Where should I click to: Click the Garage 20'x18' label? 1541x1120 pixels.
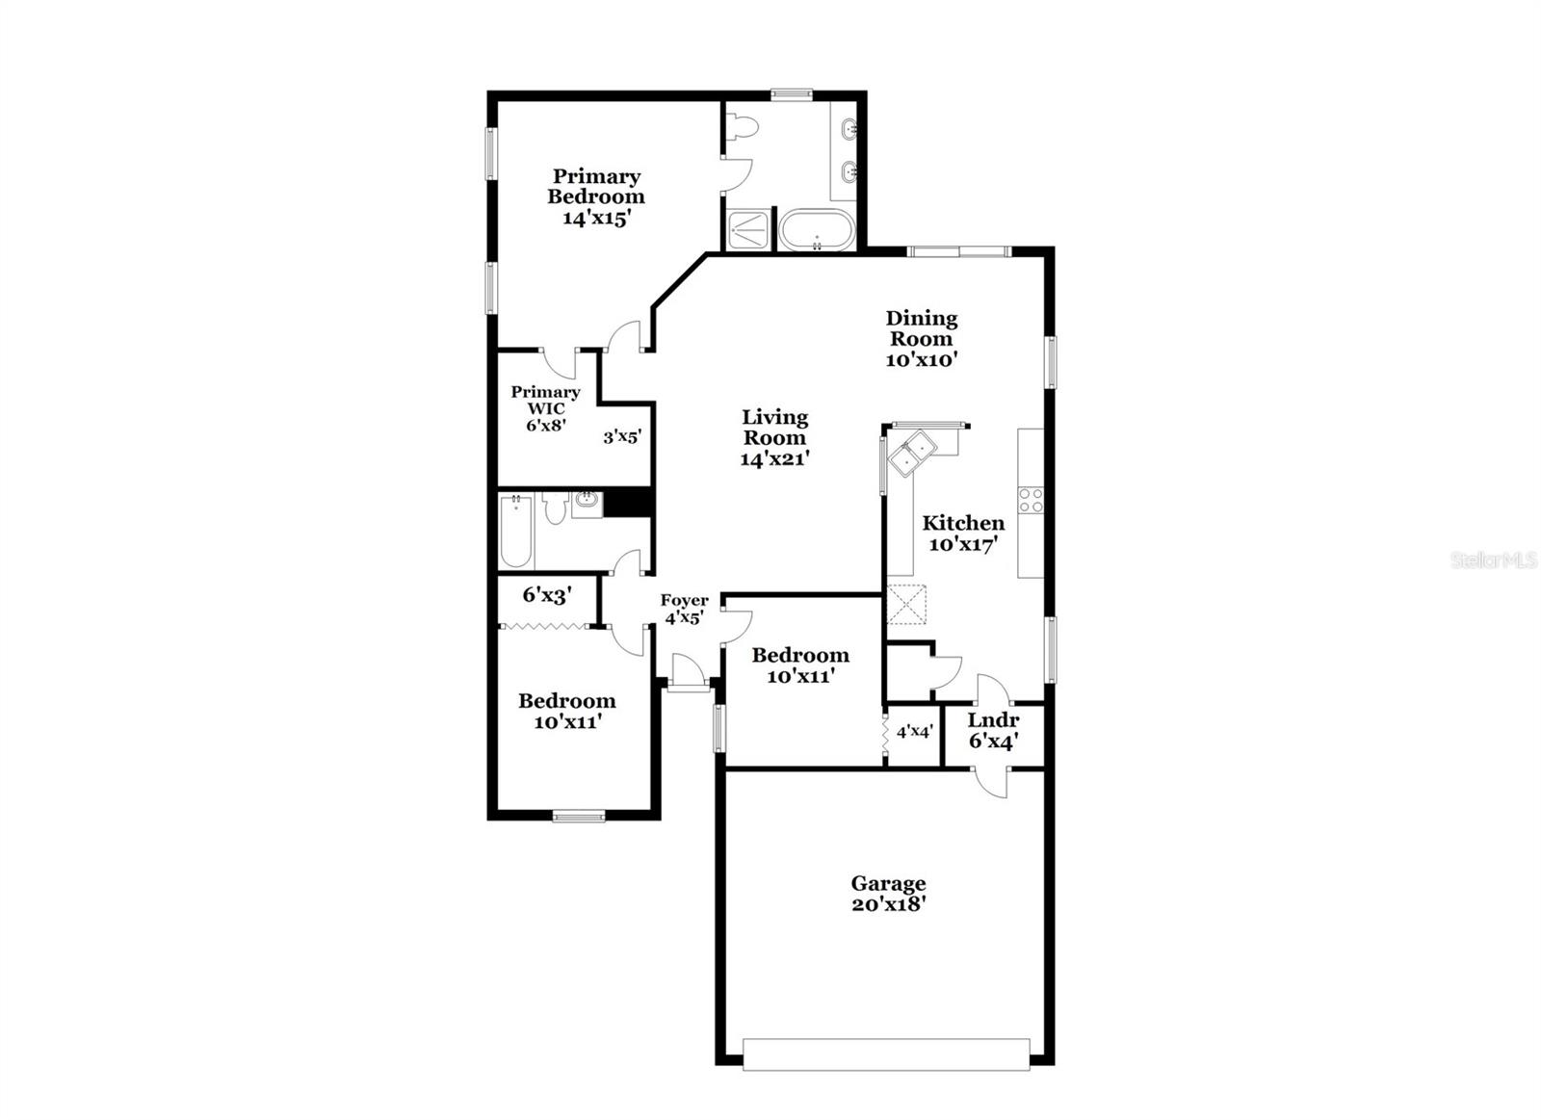point(888,894)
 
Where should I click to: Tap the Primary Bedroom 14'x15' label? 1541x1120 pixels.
point(596,197)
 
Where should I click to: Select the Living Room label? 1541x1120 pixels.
point(774,428)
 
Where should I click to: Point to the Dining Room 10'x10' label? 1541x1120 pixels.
point(921,338)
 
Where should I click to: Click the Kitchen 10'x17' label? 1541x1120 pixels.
point(963,533)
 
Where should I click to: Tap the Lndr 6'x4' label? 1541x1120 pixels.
point(993,731)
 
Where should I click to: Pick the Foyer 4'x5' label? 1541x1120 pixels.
point(684,609)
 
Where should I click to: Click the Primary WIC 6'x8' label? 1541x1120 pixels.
point(545,408)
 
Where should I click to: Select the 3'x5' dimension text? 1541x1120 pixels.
point(622,436)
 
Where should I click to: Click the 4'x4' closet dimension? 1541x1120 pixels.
point(914,731)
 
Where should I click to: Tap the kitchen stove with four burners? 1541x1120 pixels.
point(1031,500)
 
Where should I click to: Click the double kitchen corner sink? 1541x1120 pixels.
point(911,452)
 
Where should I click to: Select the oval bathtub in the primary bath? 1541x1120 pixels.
point(818,230)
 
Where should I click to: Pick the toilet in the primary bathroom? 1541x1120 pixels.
point(743,129)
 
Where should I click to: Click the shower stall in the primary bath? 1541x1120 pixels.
point(747,231)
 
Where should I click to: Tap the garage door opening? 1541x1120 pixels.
point(886,1055)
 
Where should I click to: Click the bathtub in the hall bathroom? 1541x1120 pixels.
point(516,530)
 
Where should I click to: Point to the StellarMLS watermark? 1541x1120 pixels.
point(1494,560)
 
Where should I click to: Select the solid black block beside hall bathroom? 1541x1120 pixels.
point(627,502)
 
